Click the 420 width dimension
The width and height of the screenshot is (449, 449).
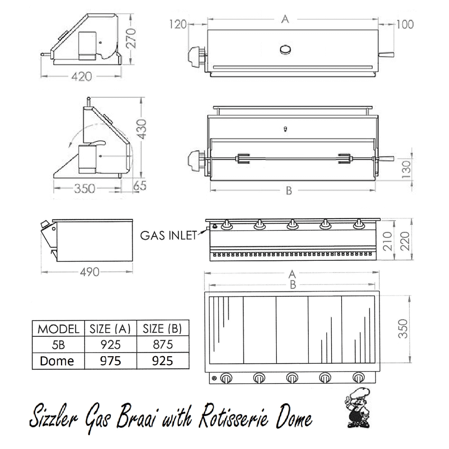(x=82, y=76)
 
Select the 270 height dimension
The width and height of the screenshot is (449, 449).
(x=131, y=38)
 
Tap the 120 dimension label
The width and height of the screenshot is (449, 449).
(x=178, y=24)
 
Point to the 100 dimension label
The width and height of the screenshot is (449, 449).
(x=405, y=24)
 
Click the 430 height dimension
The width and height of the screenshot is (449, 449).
(x=141, y=129)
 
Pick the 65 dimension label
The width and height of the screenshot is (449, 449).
(x=140, y=186)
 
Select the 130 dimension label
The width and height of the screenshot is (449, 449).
(x=407, y=169)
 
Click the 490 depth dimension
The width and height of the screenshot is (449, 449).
(x=90, y=272)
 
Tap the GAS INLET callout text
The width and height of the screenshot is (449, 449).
(x=169, y=236)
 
